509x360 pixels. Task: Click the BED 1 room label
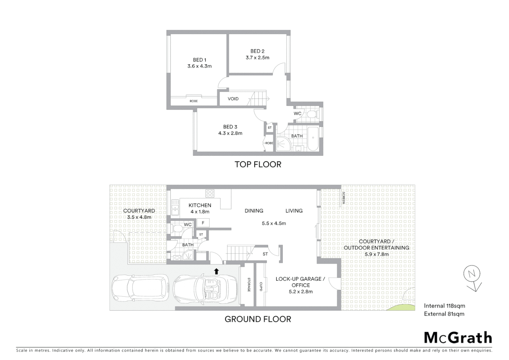[199, 60]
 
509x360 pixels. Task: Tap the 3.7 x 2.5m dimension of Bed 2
[257, 58]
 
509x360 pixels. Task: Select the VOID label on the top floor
[233, 99]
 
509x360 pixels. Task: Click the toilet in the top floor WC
[312, 114]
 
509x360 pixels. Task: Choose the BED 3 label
[230, 127]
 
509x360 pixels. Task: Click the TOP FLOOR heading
[258, 164]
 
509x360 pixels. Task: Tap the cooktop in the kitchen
[210, 193]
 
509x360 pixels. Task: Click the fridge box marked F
[203, 223]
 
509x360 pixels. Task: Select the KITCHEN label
[200, 205]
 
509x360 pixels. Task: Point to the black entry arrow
[216, 271]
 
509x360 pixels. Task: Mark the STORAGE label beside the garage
[249, 285]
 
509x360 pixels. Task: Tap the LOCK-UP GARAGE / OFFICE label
[300, 282]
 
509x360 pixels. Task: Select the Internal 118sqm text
[444, 306]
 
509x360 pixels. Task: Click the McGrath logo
[458, 338]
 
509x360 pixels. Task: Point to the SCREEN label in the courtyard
[343, 198]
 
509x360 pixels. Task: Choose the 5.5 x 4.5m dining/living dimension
[274, 223]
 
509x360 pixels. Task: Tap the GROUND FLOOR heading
[258, 319]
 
